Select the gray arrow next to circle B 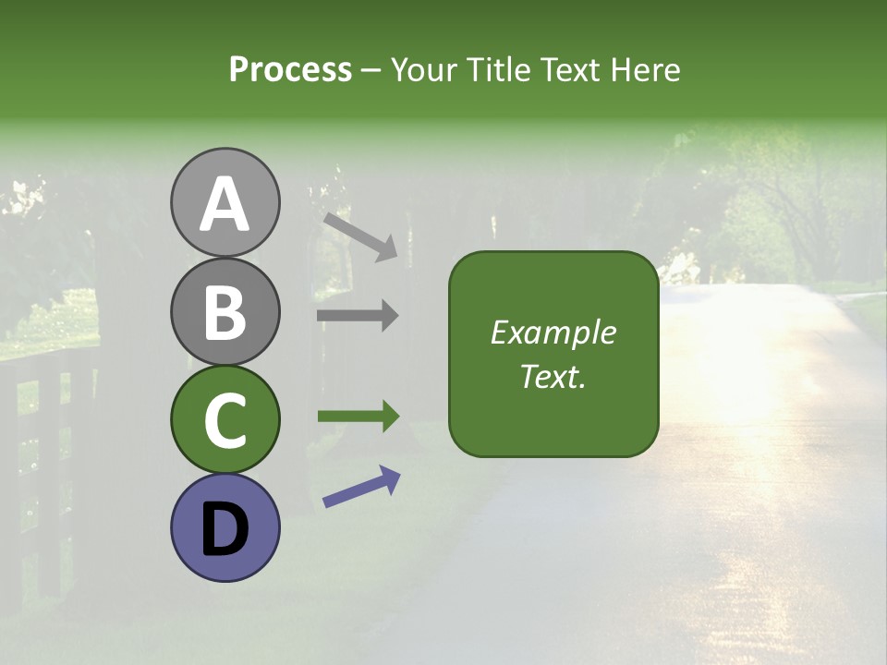[x=358, y=316]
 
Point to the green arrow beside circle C [x=358, y=417]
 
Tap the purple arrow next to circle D [x=361, y=487]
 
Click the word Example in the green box [x=553, y=332]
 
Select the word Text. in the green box [x=553, y=377]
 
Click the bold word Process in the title [x=290, y=69]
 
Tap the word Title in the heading [x=500, y=69]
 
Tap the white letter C [x=225, y=421]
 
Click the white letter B [x=225, y=312]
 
